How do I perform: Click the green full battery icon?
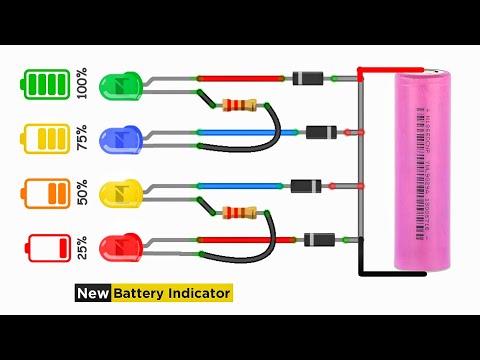(x=47, y=84)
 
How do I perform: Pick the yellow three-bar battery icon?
(x=47, y=138)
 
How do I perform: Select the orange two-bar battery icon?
(x=47, y=192)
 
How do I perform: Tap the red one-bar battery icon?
(x=47, y=246)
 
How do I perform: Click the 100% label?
(x=88, y=84)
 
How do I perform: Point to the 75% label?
(x=88, y=138)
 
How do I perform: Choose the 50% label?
(x=88, y=192)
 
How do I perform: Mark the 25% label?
(x=88, y=246)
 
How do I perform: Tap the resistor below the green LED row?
(x=244, y=104)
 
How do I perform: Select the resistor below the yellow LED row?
(x=244, y=212)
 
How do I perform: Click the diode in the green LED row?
(x=305, y=77)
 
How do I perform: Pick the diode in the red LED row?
(x=319, y=239)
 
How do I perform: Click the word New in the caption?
(x=93, y=293)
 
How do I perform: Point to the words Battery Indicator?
(x=171, y=293)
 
